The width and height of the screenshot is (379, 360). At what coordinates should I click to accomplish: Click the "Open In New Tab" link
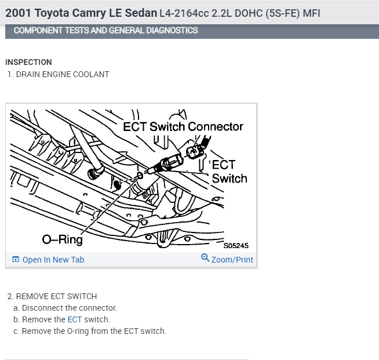(53, 260)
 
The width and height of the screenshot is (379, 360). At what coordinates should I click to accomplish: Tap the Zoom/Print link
(232, 260)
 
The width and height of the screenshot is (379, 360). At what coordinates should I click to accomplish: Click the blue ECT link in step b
(75, 319)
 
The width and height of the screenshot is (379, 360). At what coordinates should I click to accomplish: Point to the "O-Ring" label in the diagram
(63, 239)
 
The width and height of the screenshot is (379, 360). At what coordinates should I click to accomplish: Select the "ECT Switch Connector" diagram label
(183, 126)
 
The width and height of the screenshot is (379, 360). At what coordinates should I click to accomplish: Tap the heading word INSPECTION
(28, 62)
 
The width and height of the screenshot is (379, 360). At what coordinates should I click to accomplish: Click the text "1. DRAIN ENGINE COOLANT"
(58, 74)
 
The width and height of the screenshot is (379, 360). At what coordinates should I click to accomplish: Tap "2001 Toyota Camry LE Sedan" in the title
(81, 13)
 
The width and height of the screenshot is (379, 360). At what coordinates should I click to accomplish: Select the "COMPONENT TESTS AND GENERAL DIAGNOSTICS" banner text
(105, 30)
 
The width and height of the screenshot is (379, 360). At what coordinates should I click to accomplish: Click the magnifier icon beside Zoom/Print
(205, 259)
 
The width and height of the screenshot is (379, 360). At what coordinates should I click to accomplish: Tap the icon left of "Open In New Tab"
(16, 260)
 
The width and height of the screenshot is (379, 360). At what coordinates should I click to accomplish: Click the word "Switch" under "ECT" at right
(229, 179)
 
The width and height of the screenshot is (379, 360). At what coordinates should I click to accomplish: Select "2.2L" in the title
(217, 13)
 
